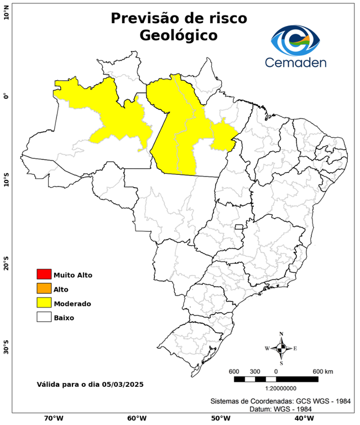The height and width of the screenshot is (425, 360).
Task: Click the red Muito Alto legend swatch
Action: (44, 274)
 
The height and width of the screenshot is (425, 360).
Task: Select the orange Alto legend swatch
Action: (44, 288)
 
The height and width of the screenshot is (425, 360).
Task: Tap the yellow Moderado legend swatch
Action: (44, 303)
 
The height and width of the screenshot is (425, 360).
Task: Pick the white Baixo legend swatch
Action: (44, 317)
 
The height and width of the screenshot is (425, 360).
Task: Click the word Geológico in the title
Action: (179, 35)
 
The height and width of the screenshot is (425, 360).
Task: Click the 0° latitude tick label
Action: (7, 96)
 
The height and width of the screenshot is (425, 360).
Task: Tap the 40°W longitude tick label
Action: (302, 418)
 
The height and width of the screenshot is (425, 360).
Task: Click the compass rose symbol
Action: (281, 348)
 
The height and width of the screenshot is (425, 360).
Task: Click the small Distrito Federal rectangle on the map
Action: (239, 227)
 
